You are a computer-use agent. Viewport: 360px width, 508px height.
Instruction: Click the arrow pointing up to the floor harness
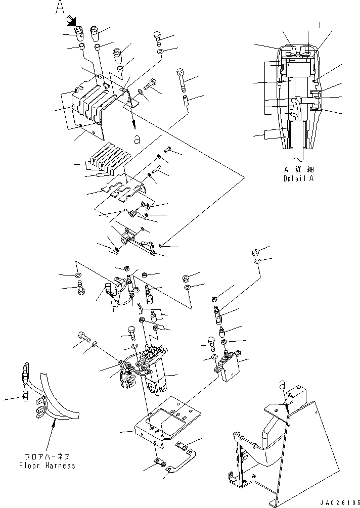[x=53, y=435]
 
